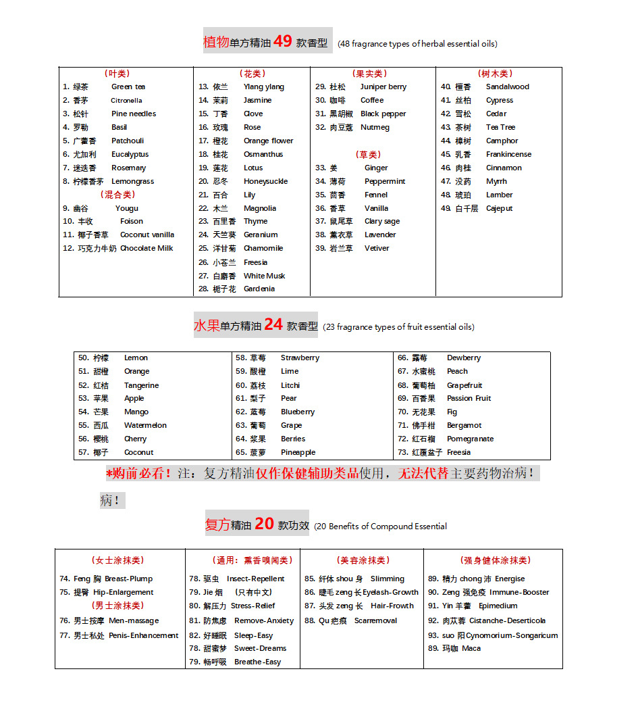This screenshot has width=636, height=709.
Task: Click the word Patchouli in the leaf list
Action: tap(128, 141)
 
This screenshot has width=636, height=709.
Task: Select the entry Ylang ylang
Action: tap(264, 87)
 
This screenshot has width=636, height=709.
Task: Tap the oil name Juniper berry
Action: tap(383, 87)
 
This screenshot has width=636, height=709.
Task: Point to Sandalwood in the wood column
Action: tap(507, 87)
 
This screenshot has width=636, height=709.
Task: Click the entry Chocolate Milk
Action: tap(147, 248)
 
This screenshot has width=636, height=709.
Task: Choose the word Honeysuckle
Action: tap(265, 181)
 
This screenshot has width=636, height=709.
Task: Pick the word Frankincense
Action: tap(508, 154)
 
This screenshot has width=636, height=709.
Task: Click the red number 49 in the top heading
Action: tap(283, 41)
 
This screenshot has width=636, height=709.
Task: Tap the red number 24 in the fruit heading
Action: tap(273, 324)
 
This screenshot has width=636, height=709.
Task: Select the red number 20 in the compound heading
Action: tap(265, 524)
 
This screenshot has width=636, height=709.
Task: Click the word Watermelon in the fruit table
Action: tap(145, 425)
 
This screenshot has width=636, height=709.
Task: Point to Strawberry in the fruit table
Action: tap(300, 358)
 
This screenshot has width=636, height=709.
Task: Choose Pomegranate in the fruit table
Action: tap(470, 439)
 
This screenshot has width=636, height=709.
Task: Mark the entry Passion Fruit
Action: tap(469, 398)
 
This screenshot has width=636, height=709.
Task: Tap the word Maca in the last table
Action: tap(471, 648)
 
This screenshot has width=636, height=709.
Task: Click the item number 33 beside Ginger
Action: tap(321, 168)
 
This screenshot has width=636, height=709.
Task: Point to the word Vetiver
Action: tap(377, 248)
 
